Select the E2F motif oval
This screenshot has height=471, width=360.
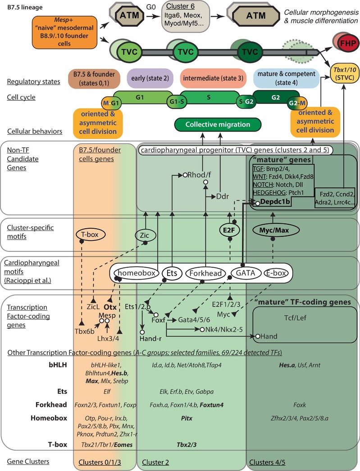[x=229, y=229]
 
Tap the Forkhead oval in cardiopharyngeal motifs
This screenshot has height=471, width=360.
[x=205, y=272]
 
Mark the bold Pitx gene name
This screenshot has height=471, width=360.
[x=185, y=417]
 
